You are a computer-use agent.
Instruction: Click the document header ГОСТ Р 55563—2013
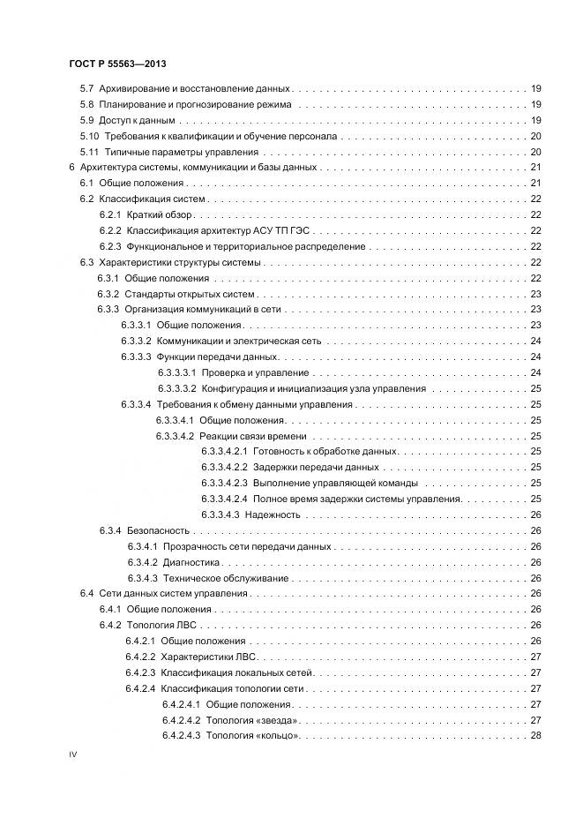click(x=117, y=65)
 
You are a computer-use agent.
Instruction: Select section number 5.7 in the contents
click(x=86, y=88)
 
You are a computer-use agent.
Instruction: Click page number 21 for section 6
click(x=535, y=168)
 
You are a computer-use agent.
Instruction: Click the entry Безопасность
click(x=158, y=530)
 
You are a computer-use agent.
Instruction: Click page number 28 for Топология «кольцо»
click(x=535, y=736)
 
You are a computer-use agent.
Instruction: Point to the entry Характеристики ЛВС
click(x=208, y=657)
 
